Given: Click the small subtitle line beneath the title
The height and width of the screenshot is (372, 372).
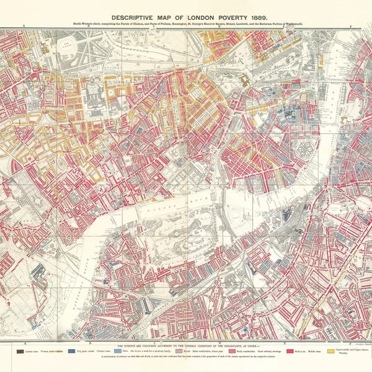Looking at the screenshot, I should pos(187,25).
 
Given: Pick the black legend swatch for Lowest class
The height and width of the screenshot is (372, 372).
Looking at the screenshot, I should pos(22,350).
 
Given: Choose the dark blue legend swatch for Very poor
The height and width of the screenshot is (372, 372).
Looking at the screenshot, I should pos(76,350).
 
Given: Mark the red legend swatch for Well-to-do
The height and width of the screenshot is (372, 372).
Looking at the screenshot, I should pos(290,350).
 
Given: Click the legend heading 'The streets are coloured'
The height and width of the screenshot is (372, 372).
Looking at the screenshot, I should pos(186,344).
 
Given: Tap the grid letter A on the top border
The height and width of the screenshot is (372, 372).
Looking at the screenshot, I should pos(24,28).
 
